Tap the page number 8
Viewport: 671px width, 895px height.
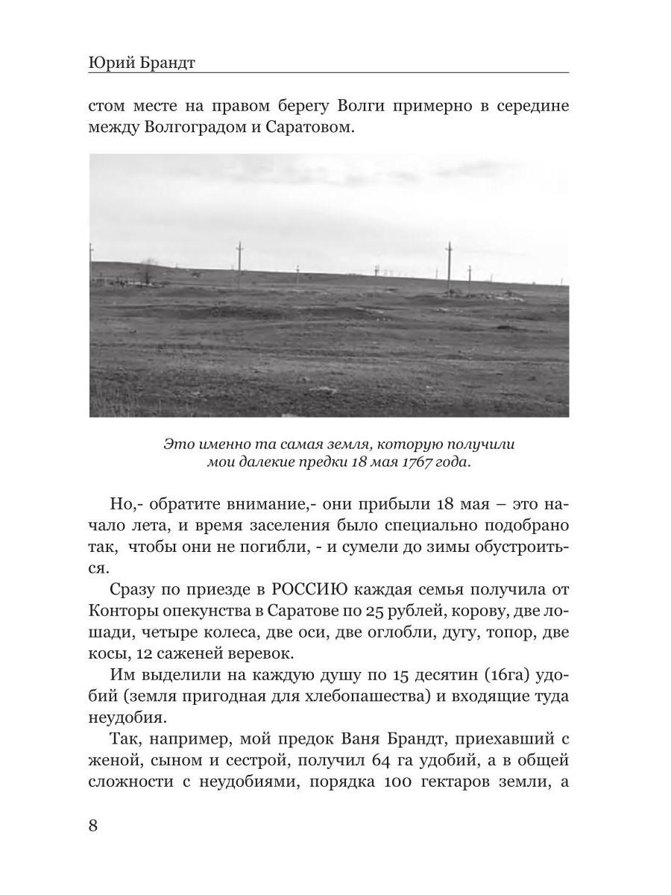[94, 826]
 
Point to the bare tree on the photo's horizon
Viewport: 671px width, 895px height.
[149, 271]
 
